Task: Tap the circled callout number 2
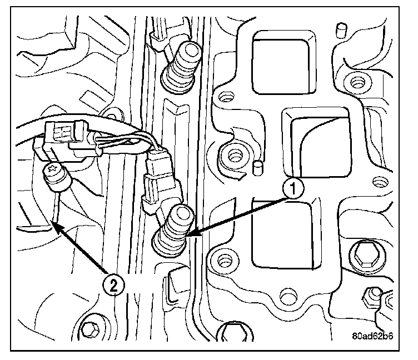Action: [x=113, y=286]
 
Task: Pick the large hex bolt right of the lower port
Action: [x=366, y=254]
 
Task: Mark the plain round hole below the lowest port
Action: [x=287, y=295]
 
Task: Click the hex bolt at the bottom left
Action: [x=90, y=330]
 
